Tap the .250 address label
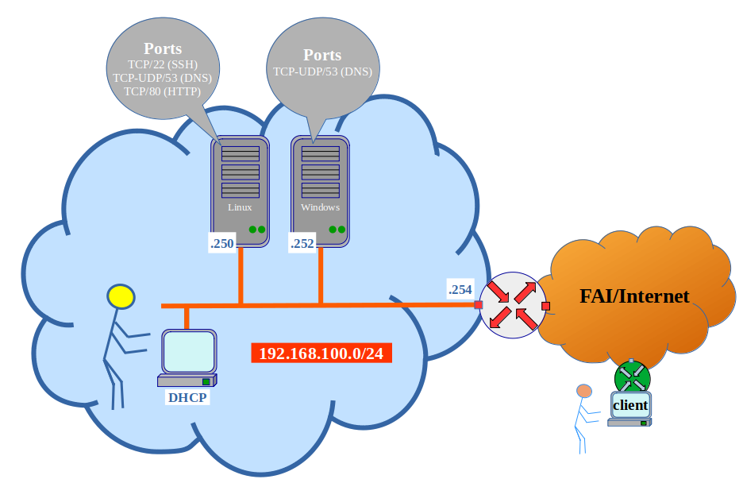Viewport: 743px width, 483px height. click(222, 245)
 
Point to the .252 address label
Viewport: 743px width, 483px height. click(302, 245)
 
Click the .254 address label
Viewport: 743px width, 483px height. click(460, 290)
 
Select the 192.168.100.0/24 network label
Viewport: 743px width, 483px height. click(321, 354)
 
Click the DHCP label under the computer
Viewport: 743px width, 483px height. click(187, 397)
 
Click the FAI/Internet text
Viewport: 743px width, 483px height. click(634, 297)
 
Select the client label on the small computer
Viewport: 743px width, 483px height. click(630, 405)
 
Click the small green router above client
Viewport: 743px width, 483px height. click(632, 375)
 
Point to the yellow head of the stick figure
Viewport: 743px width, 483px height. click(121, 297)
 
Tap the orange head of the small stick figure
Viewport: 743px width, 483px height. click(584, 391)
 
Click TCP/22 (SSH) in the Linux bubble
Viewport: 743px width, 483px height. click(162, 64)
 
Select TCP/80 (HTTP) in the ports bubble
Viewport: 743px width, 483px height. click(162, 91)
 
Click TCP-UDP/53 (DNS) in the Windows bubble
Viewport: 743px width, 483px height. click(322, 71)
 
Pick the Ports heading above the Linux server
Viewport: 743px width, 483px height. click(162, 48)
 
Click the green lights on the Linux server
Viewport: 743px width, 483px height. click(256, 230)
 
